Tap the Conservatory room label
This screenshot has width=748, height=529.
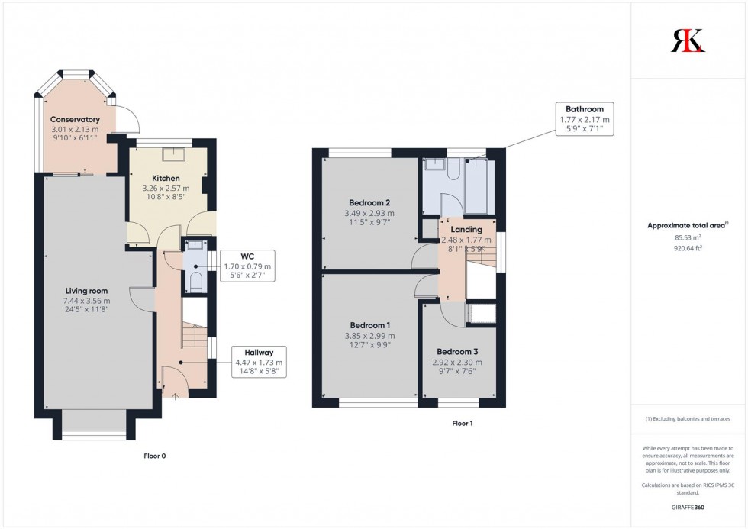coord(75,119)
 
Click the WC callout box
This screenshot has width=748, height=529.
coord(247,268)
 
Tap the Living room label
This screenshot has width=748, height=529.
coord(86,291)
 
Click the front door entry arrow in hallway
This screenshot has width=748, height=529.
coord(173,395)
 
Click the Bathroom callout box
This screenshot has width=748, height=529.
coord(584,119)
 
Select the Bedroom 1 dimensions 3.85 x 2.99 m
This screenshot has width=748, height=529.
coord(369,336)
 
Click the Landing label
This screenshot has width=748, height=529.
coord(466,229)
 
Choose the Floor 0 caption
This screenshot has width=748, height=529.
coord(155,456)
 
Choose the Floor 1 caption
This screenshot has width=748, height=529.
coord(463,423)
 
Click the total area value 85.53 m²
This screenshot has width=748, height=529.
coord(688,237)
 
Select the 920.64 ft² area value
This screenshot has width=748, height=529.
coord(688,248)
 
